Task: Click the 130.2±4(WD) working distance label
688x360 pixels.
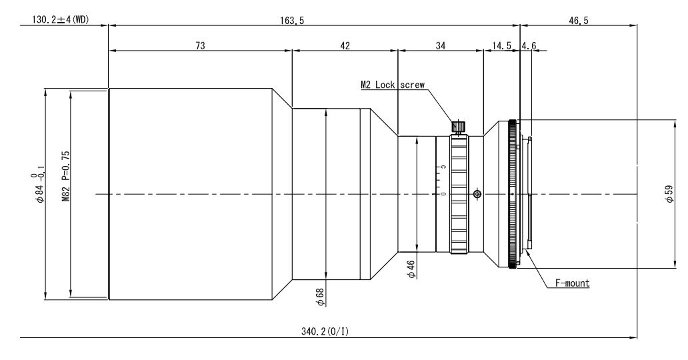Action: [60, 20]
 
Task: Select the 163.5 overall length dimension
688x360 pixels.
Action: [292, 20]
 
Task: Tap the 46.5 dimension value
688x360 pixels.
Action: [578, 20]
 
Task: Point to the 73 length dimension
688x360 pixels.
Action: [200, 45]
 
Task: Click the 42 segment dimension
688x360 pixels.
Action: [345, 45]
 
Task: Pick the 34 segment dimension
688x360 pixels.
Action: [441, 45]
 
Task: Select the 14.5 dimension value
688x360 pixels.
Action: [501, 45]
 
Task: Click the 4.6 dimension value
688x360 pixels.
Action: [529, 45]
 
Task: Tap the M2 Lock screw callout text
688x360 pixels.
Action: [393, 85]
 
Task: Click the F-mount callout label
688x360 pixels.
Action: [572, 283]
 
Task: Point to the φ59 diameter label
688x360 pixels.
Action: [669, 193]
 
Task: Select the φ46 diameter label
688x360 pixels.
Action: [411, 269]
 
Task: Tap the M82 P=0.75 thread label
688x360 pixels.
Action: [66, 176]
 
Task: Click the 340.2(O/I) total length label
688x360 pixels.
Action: [325, 331]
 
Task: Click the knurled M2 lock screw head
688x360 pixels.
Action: [459, 127]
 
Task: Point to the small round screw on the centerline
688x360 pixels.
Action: [477, 194]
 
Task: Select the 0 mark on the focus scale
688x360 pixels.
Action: [443, 194]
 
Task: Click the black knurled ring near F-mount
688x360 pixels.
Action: [512, 193]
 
